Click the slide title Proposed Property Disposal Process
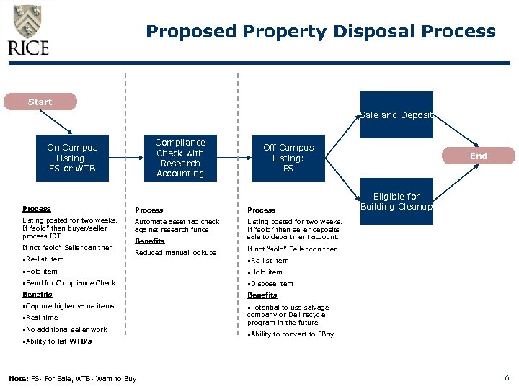pos(321,32)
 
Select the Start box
pos(40,102)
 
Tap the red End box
pos(479,156)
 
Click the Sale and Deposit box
pos(396,115)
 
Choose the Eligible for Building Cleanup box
pos(396,202)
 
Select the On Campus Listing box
pos(72,158)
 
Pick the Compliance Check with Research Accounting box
pos(180,158)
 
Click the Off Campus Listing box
pos(288,158)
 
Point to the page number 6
pos(507,378)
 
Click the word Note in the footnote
pos(18,379)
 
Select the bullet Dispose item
pos(272,284)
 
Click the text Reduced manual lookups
pos(175,253)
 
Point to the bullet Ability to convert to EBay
pos(292,334)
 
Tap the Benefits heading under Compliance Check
pos(150,241)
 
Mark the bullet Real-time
pos(42,318)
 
